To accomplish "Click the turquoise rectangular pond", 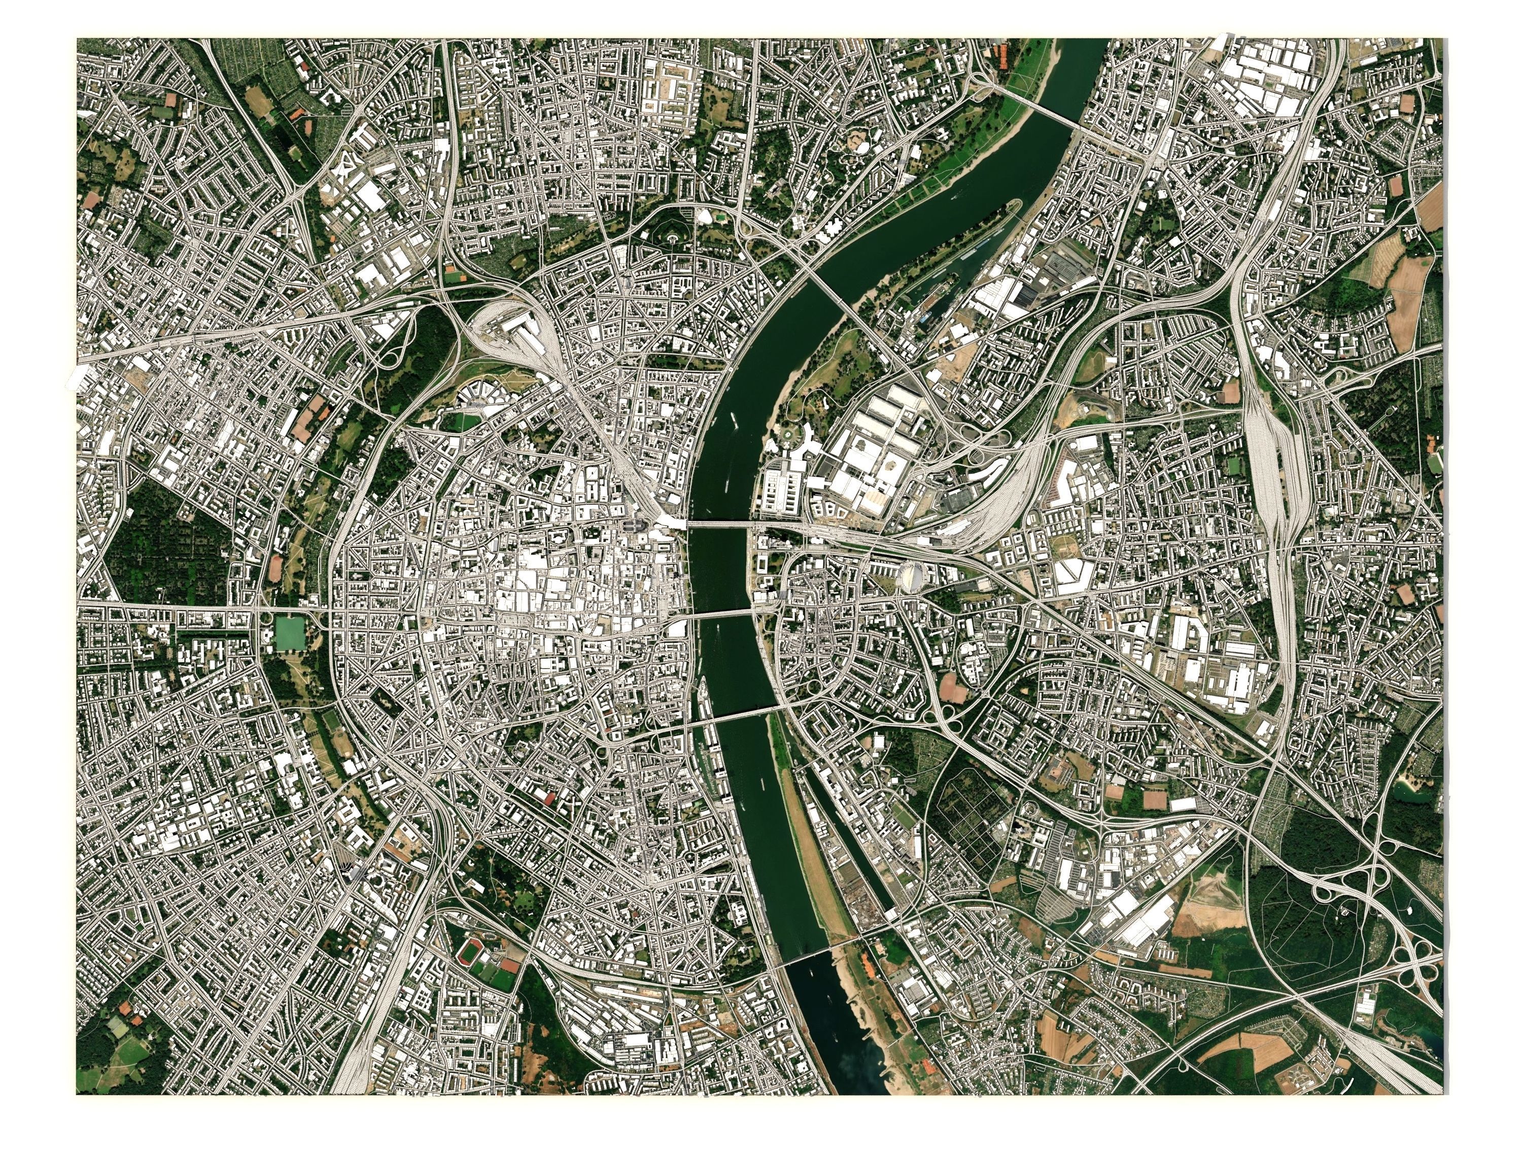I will [x=290, y=633].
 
